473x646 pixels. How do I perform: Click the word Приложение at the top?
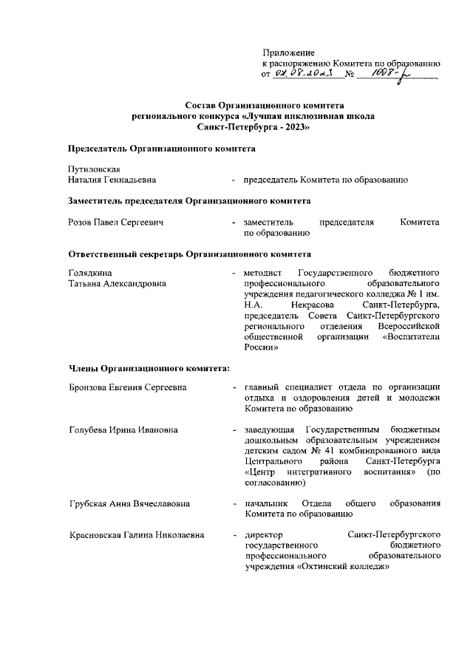click(x=289, y=53)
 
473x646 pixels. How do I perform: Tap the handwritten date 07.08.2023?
click(x=303, y=74)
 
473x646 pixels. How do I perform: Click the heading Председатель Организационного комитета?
click(x=162, y=149)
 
